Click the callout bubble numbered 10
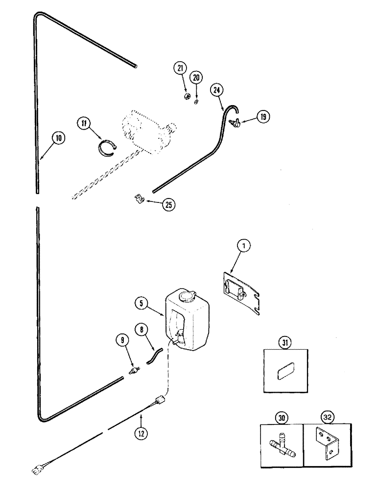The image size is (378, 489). [x=59, y=138]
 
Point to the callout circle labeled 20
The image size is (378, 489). [x=196, y=77]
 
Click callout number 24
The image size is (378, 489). [x=217, y=90]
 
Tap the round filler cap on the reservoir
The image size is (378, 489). [x=187, y=296]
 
